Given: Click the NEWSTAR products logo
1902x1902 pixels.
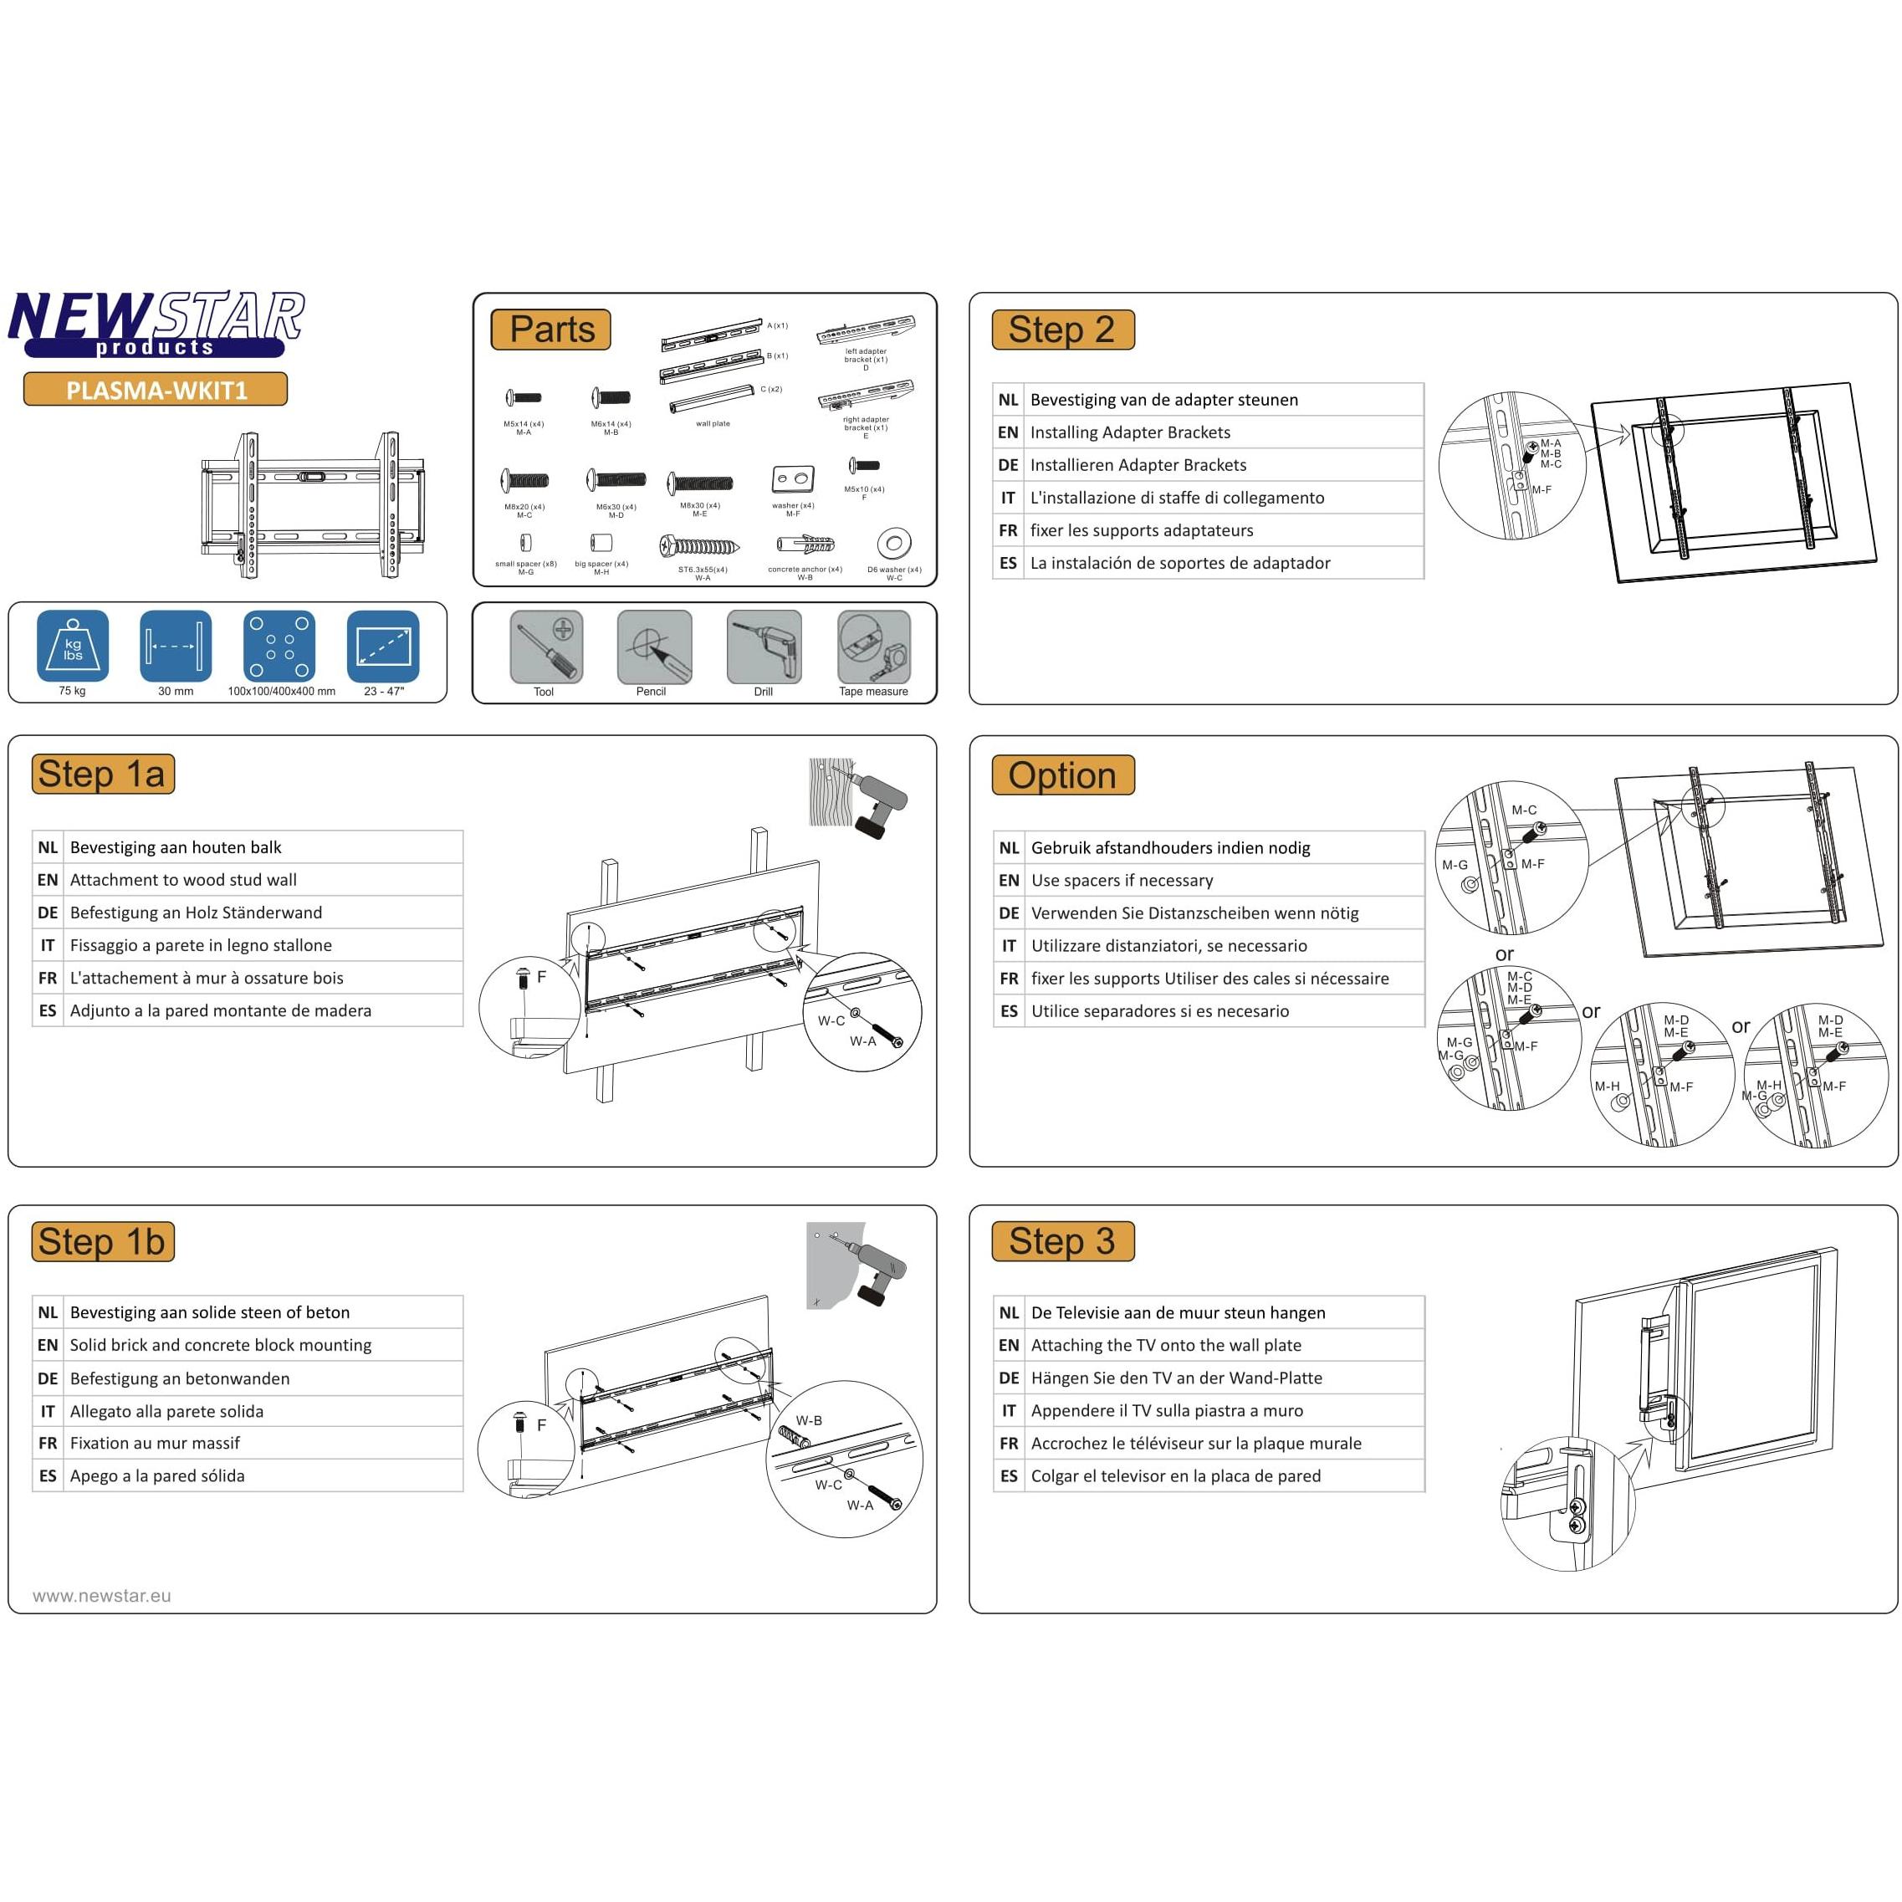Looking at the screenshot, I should (x=156, y=323).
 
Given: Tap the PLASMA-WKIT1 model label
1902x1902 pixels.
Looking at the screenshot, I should (x=156, y=390).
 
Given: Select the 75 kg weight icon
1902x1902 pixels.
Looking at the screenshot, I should (x=73, y=646).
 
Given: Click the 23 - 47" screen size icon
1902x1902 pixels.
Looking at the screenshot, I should (x=383, y=646).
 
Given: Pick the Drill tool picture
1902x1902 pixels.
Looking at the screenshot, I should (x=764, y=646).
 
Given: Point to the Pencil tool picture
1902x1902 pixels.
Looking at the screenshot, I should (x=654, y=646).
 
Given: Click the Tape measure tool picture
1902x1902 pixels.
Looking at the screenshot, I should (x=873, y=646).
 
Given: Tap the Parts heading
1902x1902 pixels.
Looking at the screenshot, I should (x=551, y=329).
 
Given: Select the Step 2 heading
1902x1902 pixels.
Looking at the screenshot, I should (x=1062, y=329).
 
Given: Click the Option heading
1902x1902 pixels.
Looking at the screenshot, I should (x=1062, y=775).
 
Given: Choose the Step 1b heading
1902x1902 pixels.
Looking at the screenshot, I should (x=102, y=1241).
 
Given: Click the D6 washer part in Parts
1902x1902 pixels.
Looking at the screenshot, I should (x=894, y=543).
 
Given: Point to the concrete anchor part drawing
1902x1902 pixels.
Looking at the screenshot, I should (x=805, y=545).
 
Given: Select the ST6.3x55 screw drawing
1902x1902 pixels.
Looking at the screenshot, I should (x=700, y=546).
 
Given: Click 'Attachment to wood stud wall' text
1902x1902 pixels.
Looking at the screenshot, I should (x=183, y=880).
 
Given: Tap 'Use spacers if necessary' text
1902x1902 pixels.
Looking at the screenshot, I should (x=1122, y=880).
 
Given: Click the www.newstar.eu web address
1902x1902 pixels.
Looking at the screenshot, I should (x=101, y=1596).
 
